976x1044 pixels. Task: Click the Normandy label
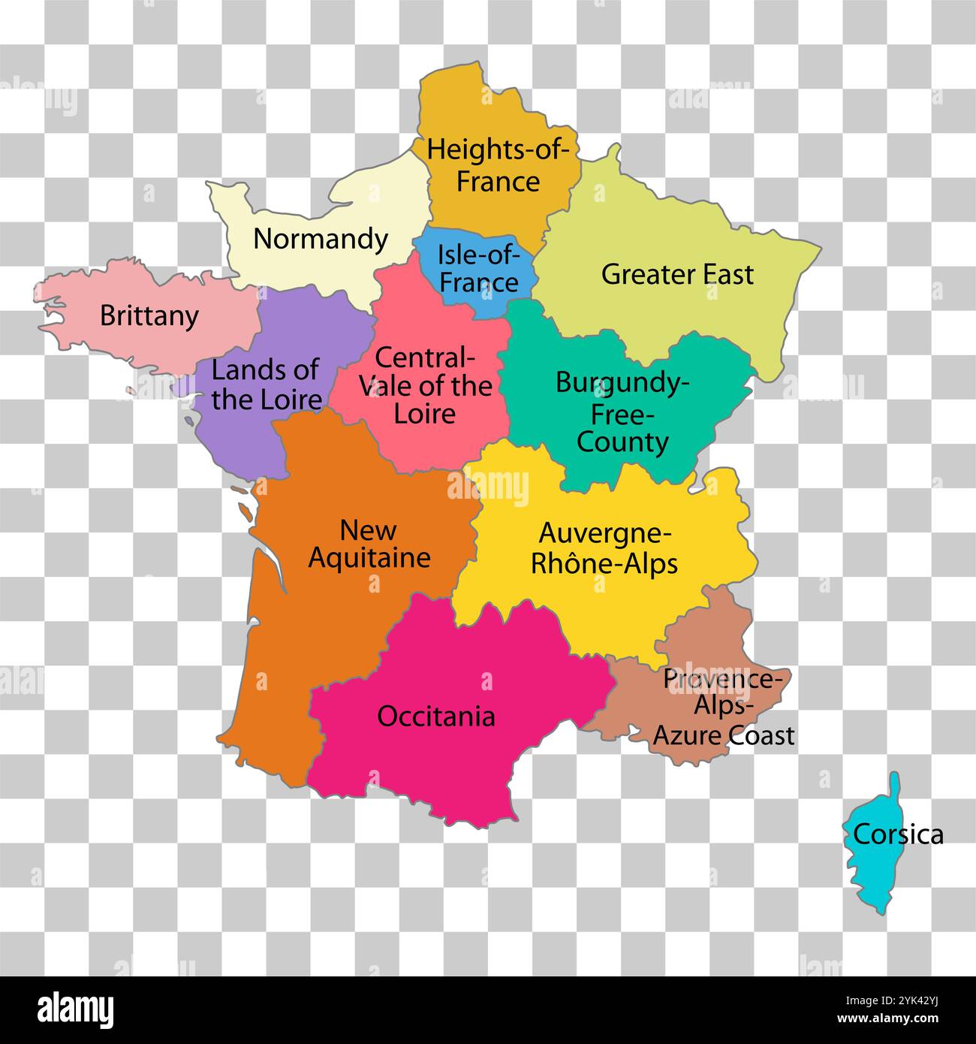321,240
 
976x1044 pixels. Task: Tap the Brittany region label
149,315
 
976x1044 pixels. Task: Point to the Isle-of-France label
479,268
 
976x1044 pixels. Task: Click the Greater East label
676,275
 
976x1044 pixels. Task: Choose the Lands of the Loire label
266,384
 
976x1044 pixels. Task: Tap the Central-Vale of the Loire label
425,385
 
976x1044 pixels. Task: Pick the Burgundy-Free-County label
622,412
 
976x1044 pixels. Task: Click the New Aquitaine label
369,544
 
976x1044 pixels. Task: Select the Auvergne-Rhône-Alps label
604,548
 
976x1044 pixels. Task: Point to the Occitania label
436,717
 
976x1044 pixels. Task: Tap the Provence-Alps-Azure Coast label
724,707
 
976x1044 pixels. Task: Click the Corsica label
898,834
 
